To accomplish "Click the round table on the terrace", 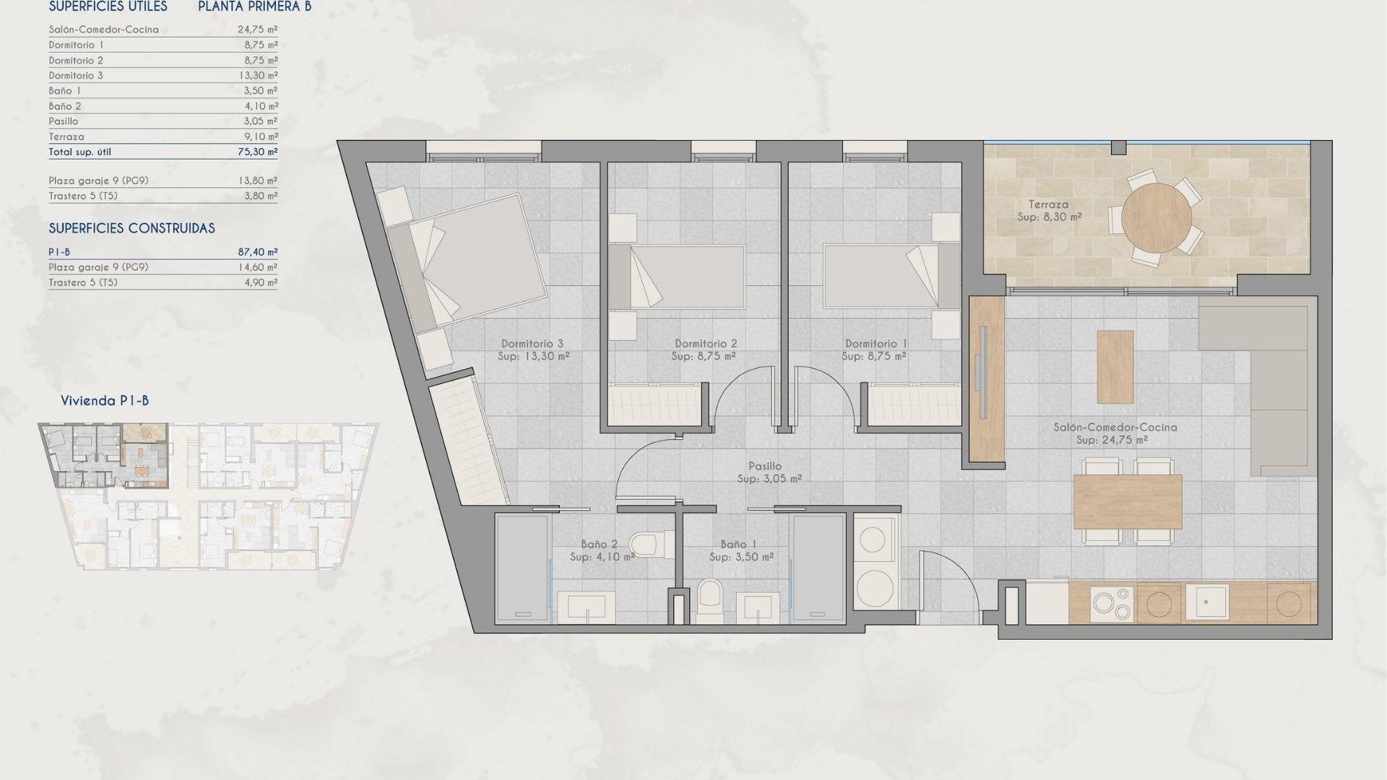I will [1157, 217].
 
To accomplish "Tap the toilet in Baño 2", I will [645, 542].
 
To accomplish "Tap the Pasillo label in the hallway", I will [765, 467].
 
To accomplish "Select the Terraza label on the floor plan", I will [1049, 204].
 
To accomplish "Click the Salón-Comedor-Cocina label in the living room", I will [1115, 428].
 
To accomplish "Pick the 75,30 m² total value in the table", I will [257, 152].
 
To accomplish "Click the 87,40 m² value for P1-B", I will [257, 252].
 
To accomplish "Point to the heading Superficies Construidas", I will [131, 228].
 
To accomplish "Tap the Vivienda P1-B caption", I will [105, 401].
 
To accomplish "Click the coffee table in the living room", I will [1115, 366].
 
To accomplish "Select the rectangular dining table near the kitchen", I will [1127, 501].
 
